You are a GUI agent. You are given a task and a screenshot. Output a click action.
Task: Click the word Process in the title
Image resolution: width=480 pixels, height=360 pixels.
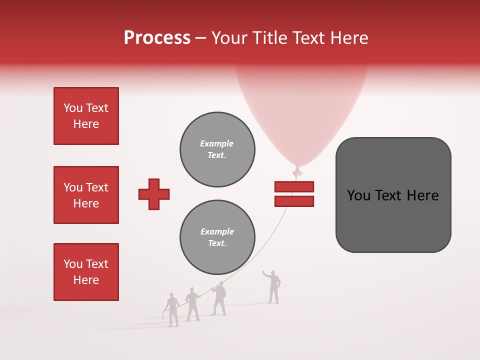click(x=157, y=38)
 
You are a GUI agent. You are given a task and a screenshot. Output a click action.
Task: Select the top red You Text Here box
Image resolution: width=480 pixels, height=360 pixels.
click(x=86, y=116)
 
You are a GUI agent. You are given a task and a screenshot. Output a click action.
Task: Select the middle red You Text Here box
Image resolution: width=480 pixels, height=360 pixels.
click(x=86, y=195)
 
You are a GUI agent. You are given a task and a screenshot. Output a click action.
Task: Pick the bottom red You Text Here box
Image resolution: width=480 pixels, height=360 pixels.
click(x=86, y=271)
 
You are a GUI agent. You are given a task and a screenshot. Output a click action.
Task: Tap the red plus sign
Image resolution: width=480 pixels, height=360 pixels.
click(x=153, y=194)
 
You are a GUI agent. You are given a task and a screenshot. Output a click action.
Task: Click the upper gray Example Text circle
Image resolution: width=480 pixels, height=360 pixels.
click(x=217, y=149)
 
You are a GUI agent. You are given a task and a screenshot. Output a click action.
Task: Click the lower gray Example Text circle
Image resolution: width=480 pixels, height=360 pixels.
click(x=217, y=237)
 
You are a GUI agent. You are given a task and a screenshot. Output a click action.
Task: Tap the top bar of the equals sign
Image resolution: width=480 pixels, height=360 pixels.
click(x=294, y=186)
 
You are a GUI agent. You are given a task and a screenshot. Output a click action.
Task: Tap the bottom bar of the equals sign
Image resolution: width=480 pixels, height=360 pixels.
click(x=294, y=201)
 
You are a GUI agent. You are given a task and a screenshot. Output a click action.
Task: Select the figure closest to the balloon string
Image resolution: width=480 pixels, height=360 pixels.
click(x=218, y=299)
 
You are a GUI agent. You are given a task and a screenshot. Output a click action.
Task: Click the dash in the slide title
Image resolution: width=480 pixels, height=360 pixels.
click(x=200, y=38)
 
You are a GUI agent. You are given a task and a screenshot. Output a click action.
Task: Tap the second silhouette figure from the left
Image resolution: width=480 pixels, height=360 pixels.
click(x=192, y=304)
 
